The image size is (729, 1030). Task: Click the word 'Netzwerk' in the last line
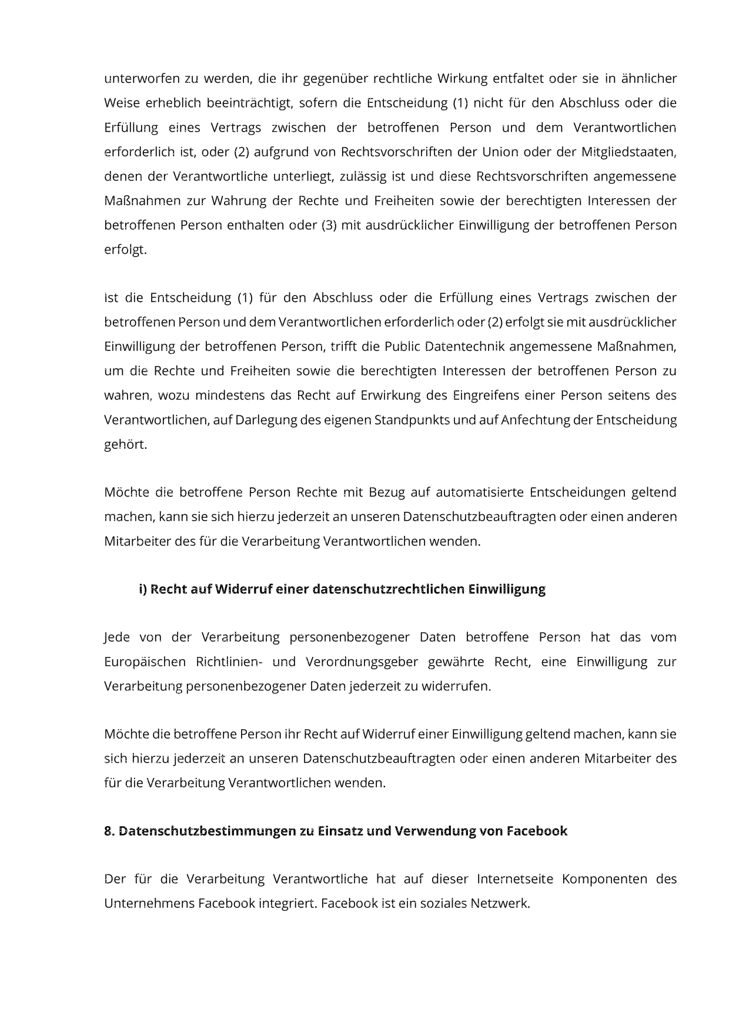(499, 904)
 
